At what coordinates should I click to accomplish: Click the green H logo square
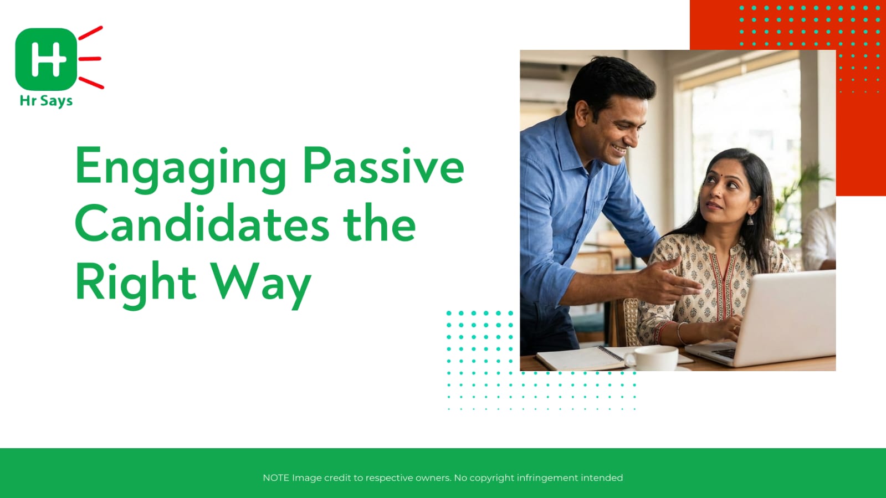(47, 59)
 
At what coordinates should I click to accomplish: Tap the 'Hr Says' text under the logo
(47, 101)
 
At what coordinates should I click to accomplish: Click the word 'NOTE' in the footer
(276, 478)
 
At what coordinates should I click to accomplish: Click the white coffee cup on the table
(652, 358)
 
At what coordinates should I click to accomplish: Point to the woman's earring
(750, 219)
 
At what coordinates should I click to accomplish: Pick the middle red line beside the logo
(90, 59)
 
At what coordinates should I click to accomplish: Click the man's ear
(582, 114)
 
